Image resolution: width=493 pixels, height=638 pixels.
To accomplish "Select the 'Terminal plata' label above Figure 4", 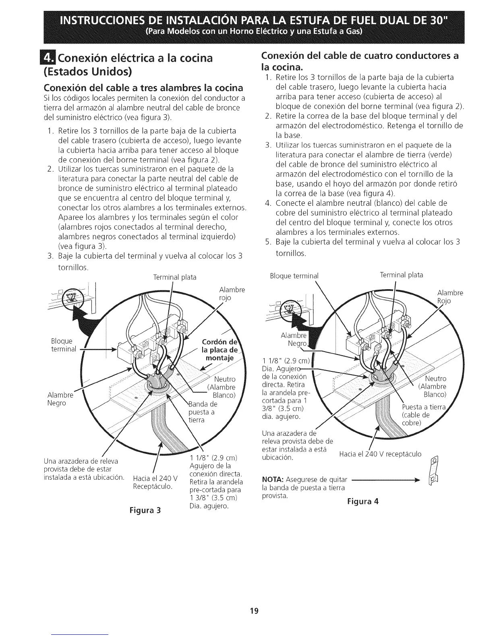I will coord(402,275).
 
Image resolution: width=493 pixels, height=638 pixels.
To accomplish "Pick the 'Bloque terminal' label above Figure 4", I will coord(294,276).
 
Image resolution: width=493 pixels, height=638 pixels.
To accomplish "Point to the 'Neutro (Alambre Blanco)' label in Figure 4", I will coord(433,386).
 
